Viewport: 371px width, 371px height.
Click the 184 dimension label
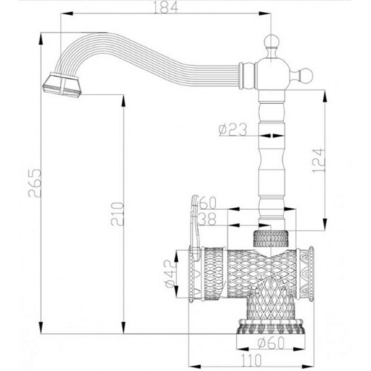pos(166,7)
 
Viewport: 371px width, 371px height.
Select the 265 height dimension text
pos(35,183)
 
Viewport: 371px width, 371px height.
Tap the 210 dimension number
pos(117,214)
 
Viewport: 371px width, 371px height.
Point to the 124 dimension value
pos(318,160)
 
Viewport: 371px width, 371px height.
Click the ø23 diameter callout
pos(233,129)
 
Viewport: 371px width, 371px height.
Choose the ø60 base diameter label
pos(271,343)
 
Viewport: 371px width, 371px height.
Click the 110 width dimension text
pos(251,360)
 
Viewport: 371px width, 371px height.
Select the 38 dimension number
pos(207,219)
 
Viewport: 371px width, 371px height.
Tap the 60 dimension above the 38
pos(208,203)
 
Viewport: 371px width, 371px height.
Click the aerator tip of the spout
pos(62,85)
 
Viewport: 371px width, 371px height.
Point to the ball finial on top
pos(271,41)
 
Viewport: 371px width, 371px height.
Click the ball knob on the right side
pos(305,75)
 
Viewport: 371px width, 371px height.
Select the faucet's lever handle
pos(195,227)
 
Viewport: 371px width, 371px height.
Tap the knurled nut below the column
pos(271,238)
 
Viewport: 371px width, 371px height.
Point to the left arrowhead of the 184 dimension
pos(67,14)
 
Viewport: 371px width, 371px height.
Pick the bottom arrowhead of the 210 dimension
pos(124,328)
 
